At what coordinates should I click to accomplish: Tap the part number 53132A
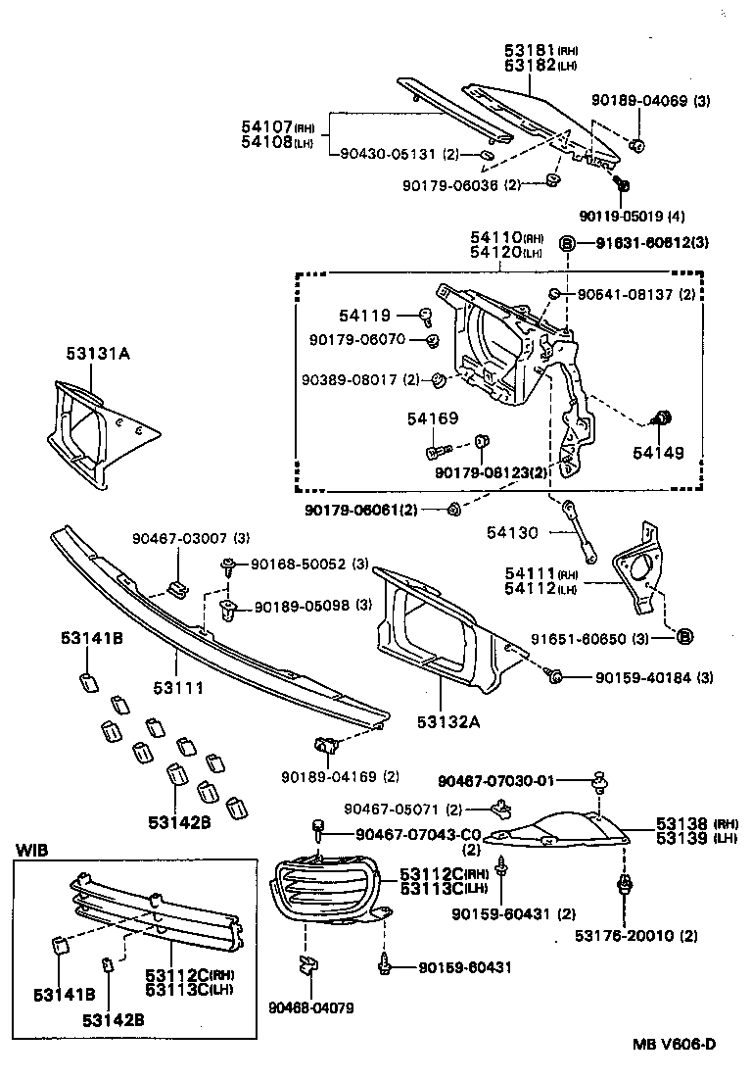pos(449,722)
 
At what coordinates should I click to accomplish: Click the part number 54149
pos(658,453)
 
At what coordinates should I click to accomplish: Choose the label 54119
pos(364,316)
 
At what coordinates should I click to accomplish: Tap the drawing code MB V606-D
pos(673,1043)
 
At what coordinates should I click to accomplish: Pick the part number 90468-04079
pos(309,1006)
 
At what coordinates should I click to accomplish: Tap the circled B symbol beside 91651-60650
pos(685,638)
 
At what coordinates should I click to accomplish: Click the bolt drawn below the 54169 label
pos(437,452)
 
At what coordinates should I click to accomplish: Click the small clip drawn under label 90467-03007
pos(177,587)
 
